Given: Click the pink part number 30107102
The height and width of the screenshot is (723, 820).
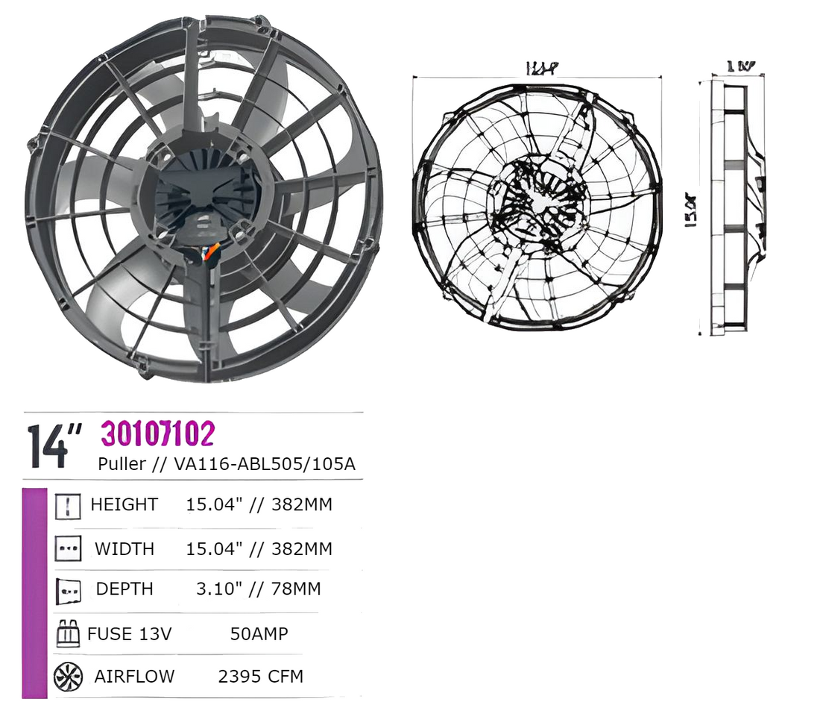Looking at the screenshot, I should (158, 434).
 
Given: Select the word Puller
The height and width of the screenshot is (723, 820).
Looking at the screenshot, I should (122, 464).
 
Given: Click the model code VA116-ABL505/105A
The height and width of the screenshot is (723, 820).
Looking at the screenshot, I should (265, 464).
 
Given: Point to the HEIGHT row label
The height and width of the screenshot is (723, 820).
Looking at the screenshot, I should (124, 504).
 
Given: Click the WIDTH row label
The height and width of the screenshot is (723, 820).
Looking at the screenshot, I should (124, 549).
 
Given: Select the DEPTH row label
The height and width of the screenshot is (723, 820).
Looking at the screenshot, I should (124, 589).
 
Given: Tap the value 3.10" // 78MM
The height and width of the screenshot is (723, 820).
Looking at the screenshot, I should (258, 589).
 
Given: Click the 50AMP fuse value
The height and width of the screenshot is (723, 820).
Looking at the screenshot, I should (259, 634).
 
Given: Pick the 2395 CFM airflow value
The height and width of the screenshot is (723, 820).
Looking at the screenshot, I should (260, 677).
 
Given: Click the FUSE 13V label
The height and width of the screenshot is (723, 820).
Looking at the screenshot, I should (130, 634).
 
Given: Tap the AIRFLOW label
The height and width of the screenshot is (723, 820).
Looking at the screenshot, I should (134, 677).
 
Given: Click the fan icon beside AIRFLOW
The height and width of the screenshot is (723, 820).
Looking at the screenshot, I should (68, 677).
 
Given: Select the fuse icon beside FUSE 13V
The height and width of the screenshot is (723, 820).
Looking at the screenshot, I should (68, 635).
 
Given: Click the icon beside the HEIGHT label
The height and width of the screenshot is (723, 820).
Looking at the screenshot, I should (68, 506).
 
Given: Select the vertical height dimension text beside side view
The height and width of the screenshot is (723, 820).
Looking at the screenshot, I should (690, 210).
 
